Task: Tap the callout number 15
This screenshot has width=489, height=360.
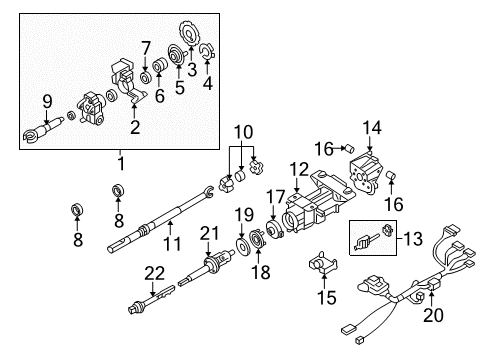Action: coord(322,297)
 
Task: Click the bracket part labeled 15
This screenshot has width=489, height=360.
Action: coord(322,267)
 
